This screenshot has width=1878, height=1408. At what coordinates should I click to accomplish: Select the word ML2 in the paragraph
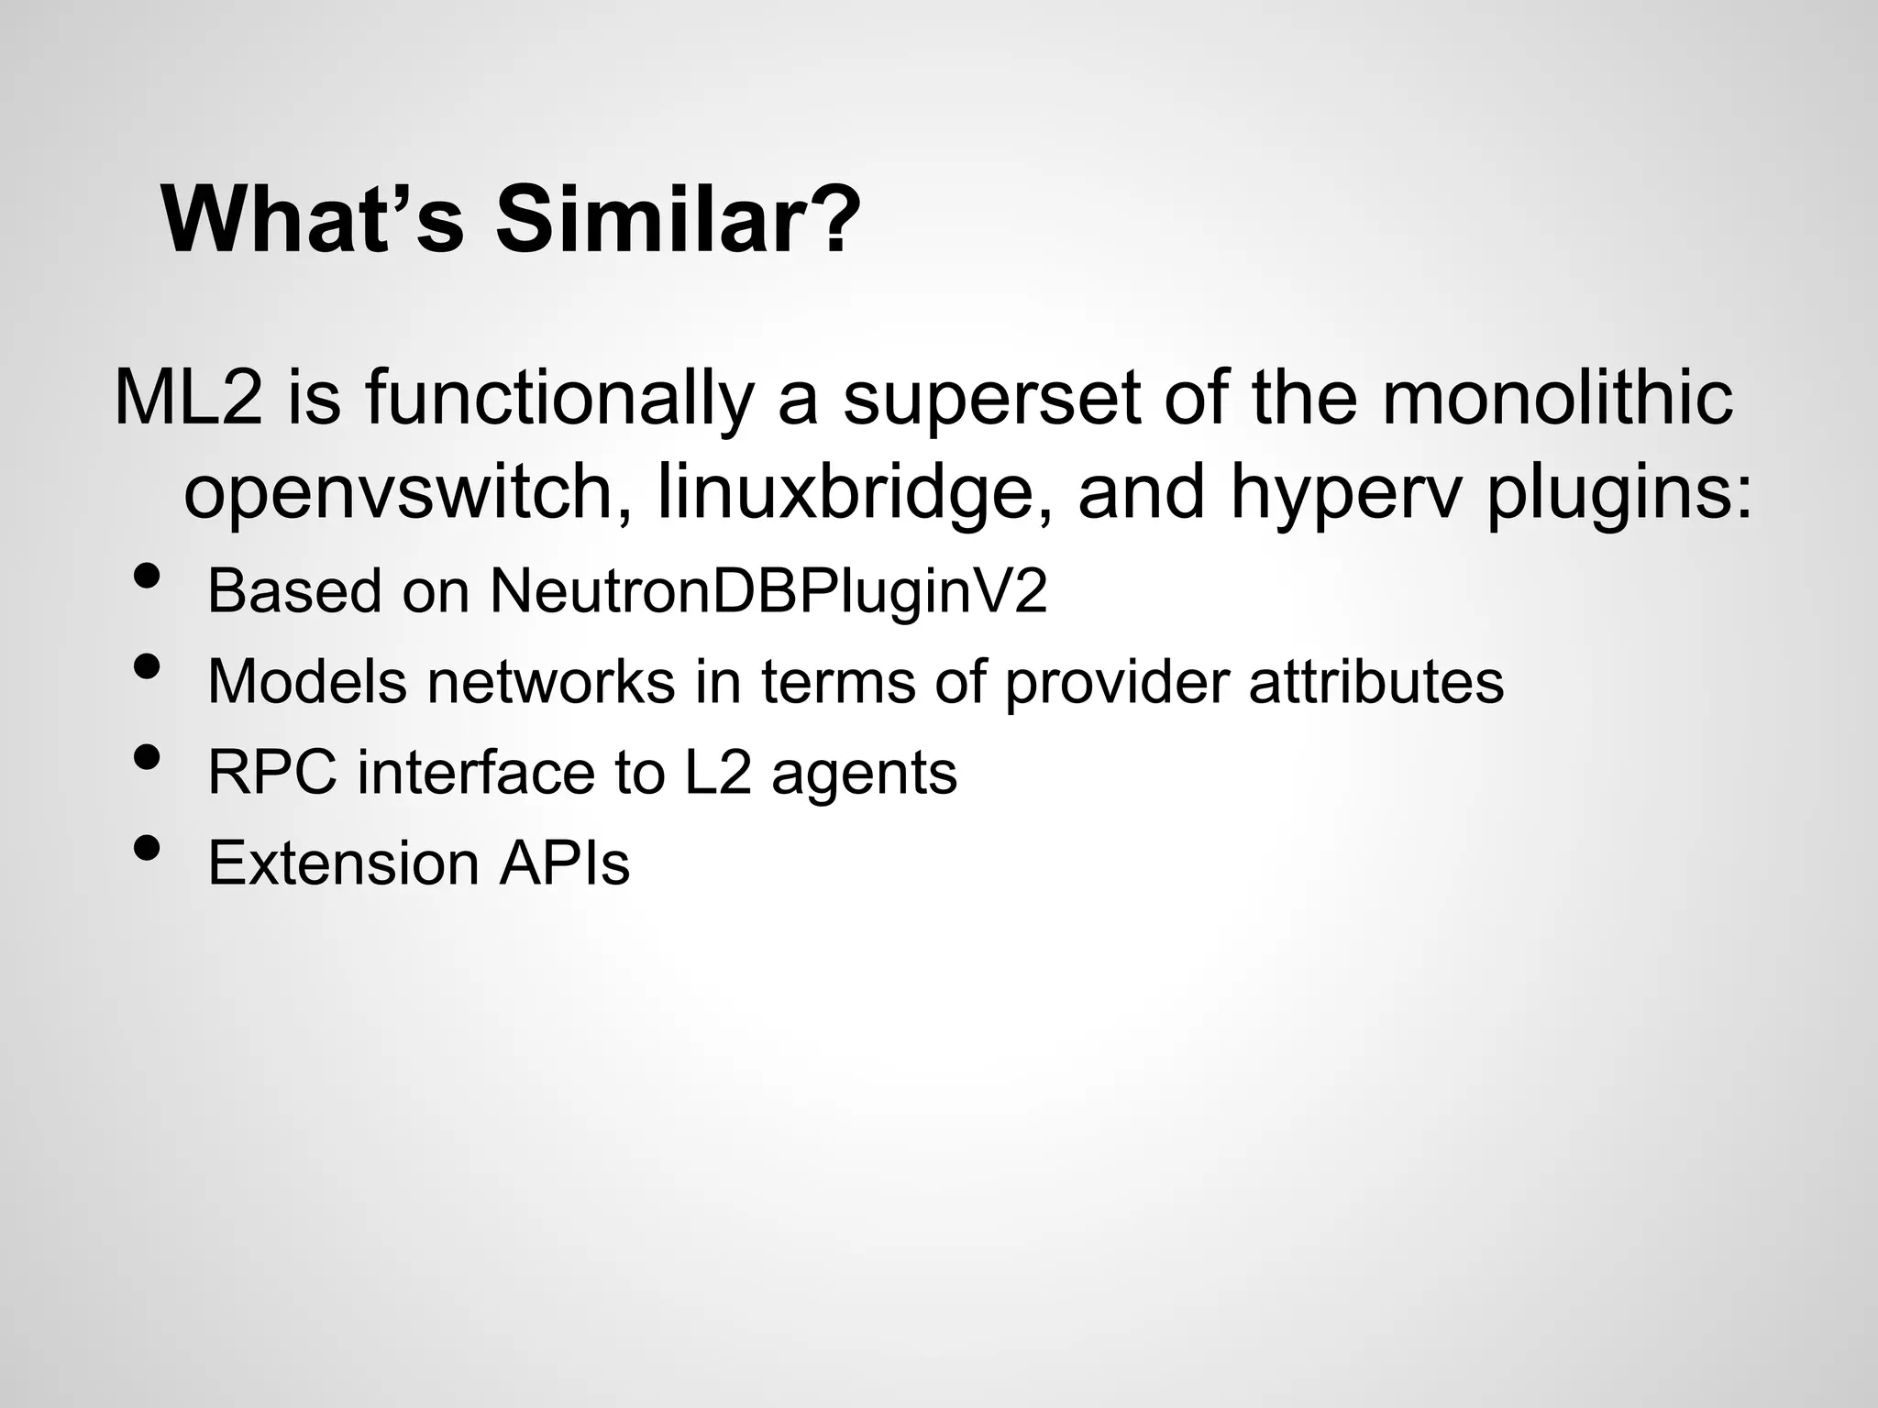pos(189,398)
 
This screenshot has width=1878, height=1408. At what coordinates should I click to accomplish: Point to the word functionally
pos(559,400)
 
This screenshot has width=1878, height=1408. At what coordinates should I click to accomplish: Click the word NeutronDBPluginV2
pos(768,591)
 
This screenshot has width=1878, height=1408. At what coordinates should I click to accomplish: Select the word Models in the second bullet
pos(307,681)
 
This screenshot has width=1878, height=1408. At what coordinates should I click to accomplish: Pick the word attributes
pos(1375,681)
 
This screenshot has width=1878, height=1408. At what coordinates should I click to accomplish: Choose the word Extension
pos(343,863)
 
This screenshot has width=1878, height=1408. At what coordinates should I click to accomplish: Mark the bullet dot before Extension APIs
pos(147,849)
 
